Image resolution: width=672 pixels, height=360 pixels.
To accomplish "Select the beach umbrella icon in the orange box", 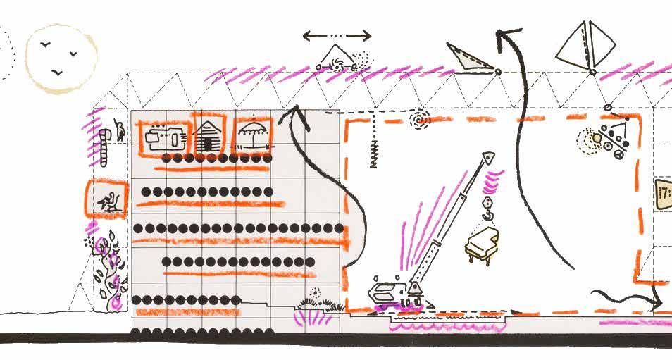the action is (251, 133).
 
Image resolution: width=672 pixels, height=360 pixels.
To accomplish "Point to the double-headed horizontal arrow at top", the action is (337, 36).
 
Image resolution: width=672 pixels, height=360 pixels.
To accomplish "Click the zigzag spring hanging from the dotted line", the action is (375, 151).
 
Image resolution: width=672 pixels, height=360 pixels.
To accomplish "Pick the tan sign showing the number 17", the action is (663, 193).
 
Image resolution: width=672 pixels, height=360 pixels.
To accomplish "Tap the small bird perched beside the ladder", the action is (121, 128).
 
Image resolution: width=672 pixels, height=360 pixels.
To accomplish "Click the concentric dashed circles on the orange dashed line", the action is (421, 120).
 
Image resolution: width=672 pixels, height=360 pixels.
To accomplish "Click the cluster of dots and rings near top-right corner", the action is (606, 139).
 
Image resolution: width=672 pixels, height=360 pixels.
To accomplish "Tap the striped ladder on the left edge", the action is (104, 144).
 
